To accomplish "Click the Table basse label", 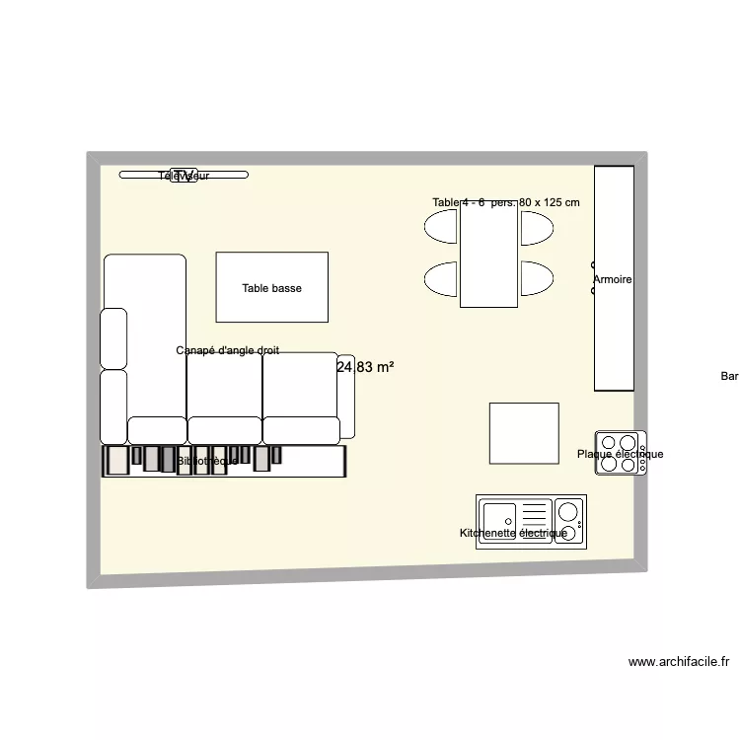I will [x=271, y=288].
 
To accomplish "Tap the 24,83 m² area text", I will [x=365, y=367].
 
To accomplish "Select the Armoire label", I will [x=612, y=280].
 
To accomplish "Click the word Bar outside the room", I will [x=729, y=376].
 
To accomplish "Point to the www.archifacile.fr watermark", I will [x=678, y=663].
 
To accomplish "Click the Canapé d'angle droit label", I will [x=227, y=350].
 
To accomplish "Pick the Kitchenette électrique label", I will [x=513, y=533].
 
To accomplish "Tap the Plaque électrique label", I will [x=620, y=455].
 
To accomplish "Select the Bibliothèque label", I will [x=207, y=461].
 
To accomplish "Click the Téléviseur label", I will [x=184, y=176].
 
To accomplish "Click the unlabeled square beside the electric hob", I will [x=524, y=432].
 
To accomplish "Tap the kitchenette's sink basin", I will [x=498, y=515].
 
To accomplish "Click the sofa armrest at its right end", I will [x=346, y=396].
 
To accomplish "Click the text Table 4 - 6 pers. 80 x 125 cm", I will [x=505, y=202].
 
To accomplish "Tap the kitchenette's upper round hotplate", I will [x=567, y=510].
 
